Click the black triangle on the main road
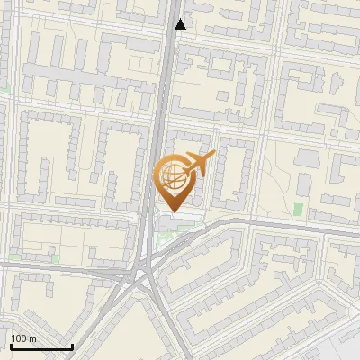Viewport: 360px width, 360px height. coord(181,24)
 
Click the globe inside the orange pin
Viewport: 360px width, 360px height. coord(172,178)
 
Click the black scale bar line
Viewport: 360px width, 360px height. coord(41,346)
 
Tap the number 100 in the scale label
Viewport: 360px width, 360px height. coord(19,338)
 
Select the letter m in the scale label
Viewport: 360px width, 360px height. coord(31,338)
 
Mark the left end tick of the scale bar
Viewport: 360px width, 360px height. coord(11,345)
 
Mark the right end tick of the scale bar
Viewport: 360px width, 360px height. coord(72,345)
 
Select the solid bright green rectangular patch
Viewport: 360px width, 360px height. coord(298,210)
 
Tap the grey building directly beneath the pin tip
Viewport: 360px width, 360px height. coord(174,222)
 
